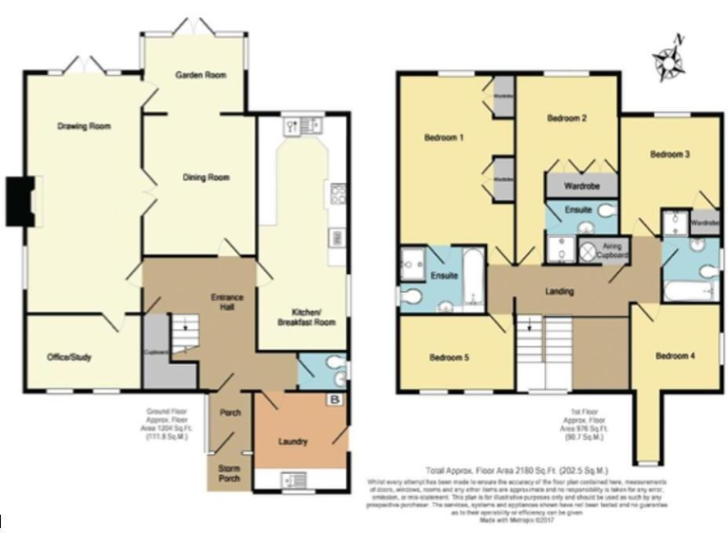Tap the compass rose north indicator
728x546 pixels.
(670, 59)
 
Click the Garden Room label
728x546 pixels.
(200, 75)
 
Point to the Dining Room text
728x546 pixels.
(206, 177)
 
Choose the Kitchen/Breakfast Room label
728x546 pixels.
(306, 318)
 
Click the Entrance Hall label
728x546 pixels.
(227, 303)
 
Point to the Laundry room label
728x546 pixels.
(293, 441)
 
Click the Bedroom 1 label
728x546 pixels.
(443, 137)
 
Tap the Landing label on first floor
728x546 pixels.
(559, 292)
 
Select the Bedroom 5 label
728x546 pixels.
(449, 357)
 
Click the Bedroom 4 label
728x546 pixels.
(675, 355)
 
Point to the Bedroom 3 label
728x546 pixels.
(669, 154)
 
